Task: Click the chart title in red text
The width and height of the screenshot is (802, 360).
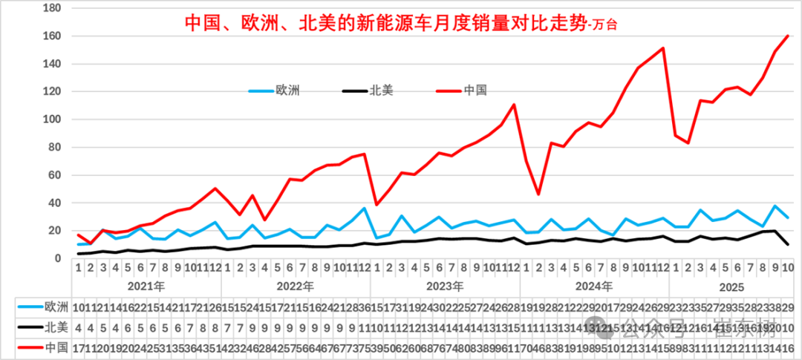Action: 401,23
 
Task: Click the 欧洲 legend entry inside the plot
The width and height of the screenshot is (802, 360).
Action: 287,91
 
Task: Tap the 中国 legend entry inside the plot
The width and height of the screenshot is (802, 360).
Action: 475,91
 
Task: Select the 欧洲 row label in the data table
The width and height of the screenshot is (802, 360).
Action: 56,307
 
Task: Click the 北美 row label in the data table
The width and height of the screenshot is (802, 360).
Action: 56,327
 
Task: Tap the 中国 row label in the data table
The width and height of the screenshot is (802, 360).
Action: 56,347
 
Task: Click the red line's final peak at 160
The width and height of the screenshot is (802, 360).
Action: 787,36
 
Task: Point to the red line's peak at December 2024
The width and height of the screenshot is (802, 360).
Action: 662,48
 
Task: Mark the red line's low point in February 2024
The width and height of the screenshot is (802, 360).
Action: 538,194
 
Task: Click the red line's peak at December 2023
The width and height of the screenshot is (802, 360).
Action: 513,105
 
